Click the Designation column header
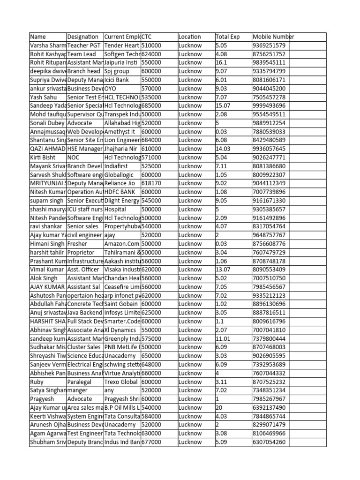pos(83,37)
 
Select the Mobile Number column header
pos(273,37)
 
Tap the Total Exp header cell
pos(227,37)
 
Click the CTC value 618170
pos(151,183)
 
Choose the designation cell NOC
pos(74,157)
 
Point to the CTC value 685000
pos(151,106)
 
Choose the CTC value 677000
pos(151,442)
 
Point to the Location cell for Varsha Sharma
pos(190,45)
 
